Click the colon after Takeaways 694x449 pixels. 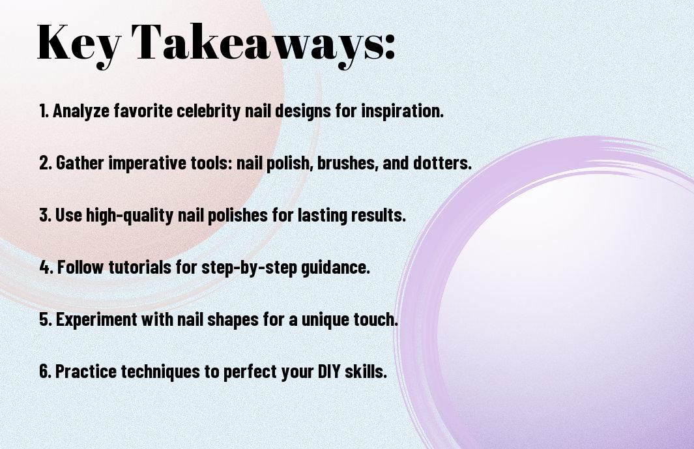click(x=389, y=46)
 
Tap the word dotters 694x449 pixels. click(x=442, y=163)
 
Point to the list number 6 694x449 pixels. click(x=45, y=371)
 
